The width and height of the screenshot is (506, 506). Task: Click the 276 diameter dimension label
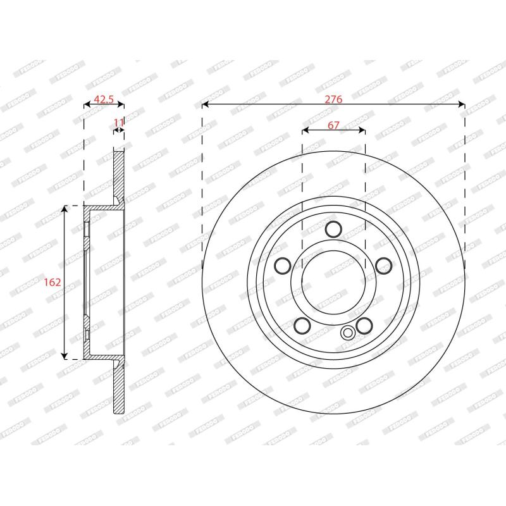point(333,99)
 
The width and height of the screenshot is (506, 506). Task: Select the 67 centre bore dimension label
point(333,125)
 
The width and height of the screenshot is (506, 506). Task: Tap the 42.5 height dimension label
point(104,99)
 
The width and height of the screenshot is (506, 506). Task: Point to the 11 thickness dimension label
point(119,123)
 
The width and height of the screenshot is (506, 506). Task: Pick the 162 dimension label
point(52,282)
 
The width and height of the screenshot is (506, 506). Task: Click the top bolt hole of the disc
point(333,229)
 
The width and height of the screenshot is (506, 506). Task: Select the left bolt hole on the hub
point(283,266)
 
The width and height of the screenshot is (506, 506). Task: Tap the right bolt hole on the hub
point(384,266)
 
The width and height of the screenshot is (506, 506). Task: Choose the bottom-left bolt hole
point(302,325)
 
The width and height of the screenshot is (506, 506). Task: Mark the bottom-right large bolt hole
point(364,325)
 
